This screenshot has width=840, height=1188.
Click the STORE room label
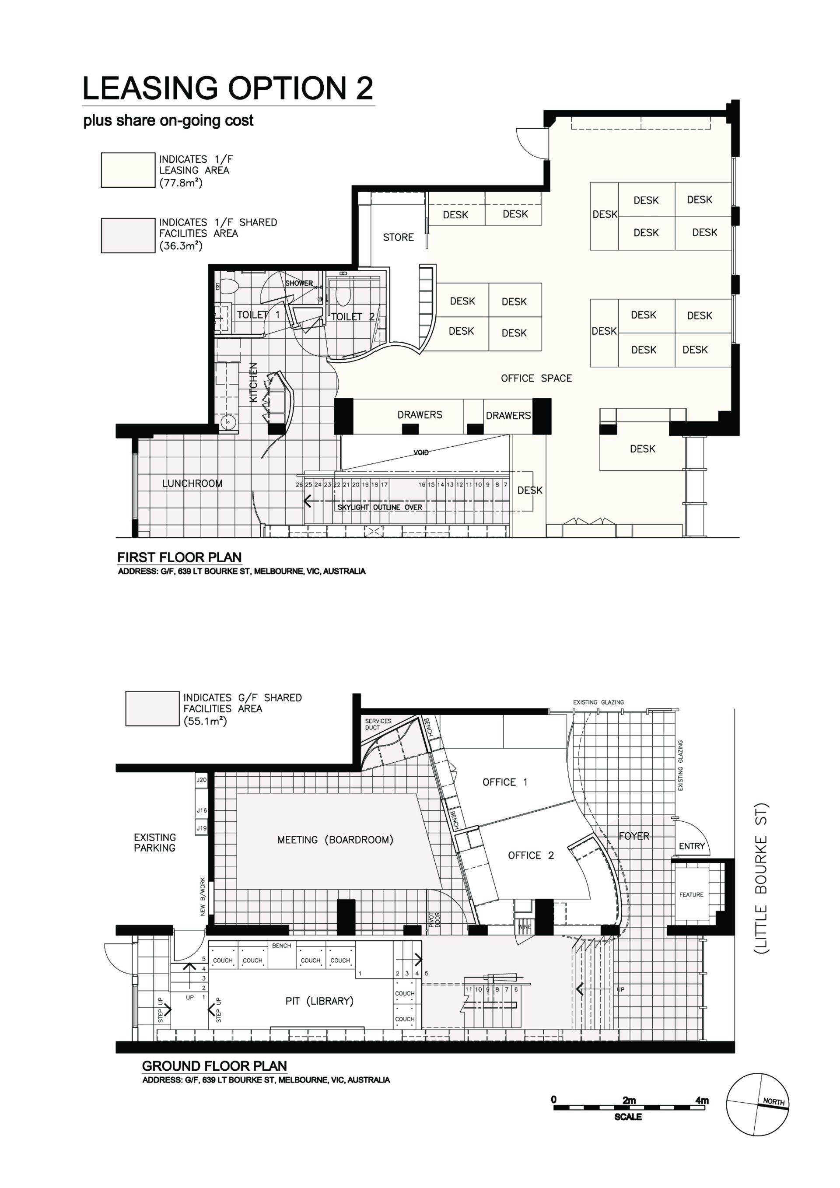coord(398,238)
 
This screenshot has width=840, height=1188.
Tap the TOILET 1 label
coord(258,315)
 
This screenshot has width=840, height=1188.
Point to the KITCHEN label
coord(253,382)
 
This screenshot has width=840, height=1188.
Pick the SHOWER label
coord(299,284)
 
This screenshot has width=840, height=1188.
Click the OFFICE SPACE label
coord(536,378)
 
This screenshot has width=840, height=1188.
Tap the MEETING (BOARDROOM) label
coord(335,840)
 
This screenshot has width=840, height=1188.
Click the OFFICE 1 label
coord(505,782)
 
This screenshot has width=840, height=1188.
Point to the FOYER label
coord(634,836)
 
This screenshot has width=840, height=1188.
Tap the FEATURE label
coord(692,895)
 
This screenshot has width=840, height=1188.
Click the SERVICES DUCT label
coord(378,724)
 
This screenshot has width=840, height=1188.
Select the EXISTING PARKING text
coord(154,842)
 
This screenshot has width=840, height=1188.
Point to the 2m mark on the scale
coord(629,1100)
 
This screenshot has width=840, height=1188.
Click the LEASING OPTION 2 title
coord(227,88)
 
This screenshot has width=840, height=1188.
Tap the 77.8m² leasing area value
coord(181,182)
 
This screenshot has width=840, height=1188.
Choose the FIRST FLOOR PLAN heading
coord(179,557)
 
